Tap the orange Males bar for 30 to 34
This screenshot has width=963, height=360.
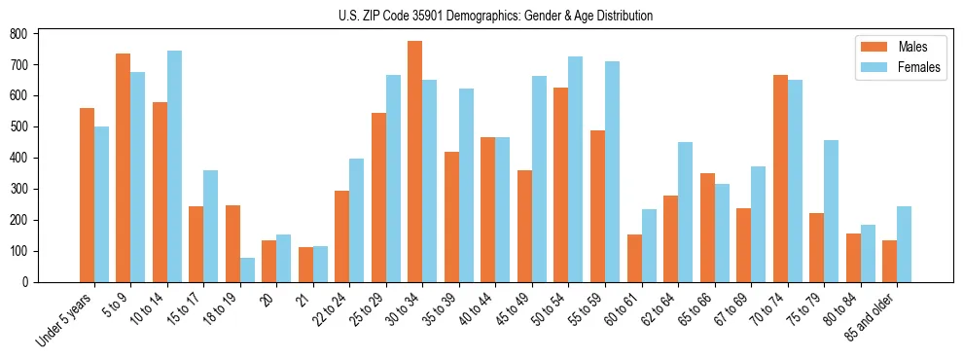click(x=415, y=162)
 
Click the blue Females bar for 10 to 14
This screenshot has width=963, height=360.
click(x=174, y=166)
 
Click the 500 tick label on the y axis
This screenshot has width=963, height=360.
click(x=18, y=126)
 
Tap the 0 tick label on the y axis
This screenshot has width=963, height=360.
click(x=25, y=282)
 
